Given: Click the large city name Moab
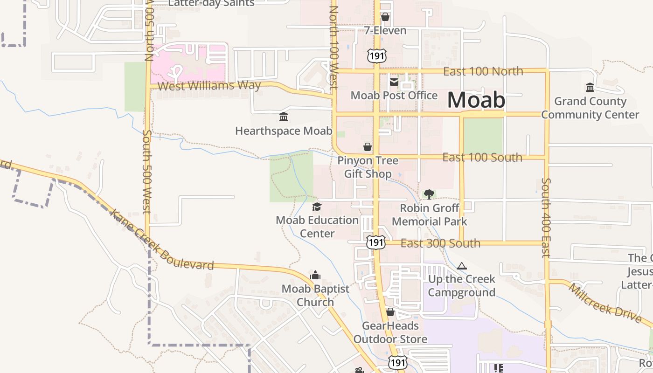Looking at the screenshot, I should coord(476,100).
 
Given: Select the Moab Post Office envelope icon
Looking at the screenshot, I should coord(394,83).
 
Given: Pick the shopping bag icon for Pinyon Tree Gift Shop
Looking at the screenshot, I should coord(368,147).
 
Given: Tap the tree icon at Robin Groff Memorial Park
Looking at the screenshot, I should coord(429,194).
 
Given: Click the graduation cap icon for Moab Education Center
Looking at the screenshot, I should coord(317,207).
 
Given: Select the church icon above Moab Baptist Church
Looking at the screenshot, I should coord(315,275).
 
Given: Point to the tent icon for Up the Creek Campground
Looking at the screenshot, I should coord(462,266).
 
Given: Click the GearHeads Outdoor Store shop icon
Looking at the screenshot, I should coord(390,312).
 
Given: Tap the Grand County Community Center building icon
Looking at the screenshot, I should coord(590,88).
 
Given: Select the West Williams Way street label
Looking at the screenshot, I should coord(209,86).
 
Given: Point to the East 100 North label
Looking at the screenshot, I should coord(483,71).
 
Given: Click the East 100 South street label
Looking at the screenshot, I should coord(482,158).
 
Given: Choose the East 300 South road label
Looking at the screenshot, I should coord(440,243).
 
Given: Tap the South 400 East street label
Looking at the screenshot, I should coord(546,217).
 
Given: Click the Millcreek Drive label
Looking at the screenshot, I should coord(604,303).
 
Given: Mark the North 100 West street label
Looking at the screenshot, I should coord(333,47).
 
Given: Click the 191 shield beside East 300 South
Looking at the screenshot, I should coord(375,242).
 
